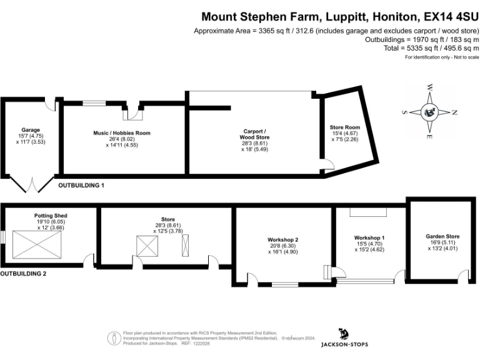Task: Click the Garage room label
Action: (31, 129)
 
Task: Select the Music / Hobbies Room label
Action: (122, 133)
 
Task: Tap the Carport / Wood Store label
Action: (254, 134)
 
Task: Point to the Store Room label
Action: (345, 127)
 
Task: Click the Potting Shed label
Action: (50, 216)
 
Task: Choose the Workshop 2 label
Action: (283, 240)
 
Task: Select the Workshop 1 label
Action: (369, 238)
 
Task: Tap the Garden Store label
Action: (442, 236)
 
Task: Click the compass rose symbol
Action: (430, 112)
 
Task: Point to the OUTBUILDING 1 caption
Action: (81, 186)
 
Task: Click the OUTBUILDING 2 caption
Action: (23, 274)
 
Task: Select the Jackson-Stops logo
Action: (344, 337)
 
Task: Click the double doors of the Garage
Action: (31, 184)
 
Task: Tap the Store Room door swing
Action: (326, 165)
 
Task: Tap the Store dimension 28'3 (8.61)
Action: (167, 226)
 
